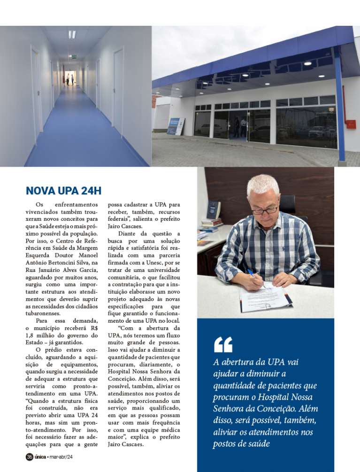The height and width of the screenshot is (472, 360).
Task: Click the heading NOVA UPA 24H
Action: (63, 191)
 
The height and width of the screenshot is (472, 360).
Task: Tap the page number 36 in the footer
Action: (29, 457)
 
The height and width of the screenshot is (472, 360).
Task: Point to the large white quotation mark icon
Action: (223, 344)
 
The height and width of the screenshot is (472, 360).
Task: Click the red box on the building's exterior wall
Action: (350, 124)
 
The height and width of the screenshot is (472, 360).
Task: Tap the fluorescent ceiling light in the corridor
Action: (72, 34)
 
